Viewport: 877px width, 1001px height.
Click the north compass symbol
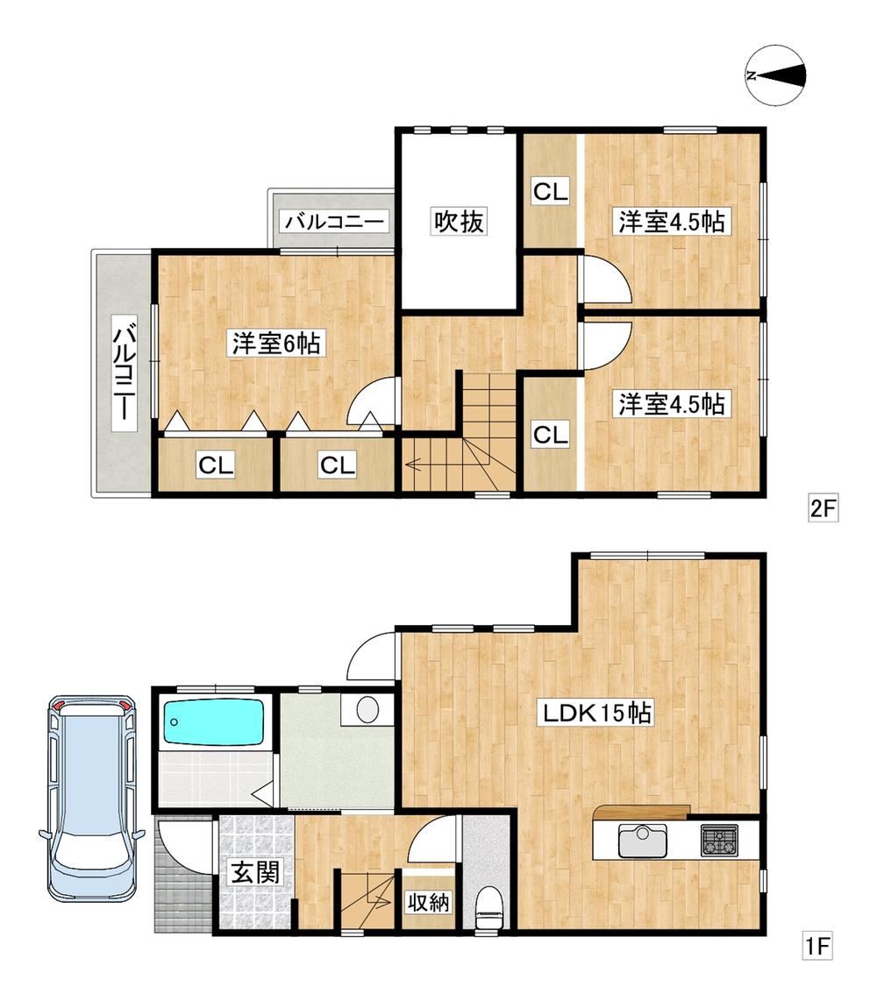pyautogui.click(x=775, y=75)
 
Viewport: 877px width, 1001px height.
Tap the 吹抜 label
pyautogui.click(x=460, y=221)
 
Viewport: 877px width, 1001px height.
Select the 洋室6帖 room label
pyautogui.click(x=276, y=344)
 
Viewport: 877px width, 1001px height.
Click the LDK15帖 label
pyautogui.click(x=596, y=712)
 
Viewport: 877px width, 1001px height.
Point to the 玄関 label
pyautogui.click(x=255, y=871)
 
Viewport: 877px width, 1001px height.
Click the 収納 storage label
pyautogui.click(x=429, y=903)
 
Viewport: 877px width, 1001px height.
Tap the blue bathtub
pyautogui.click(x=213, y=722)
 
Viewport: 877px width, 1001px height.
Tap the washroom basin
pyautogui.click(x=368, y=709)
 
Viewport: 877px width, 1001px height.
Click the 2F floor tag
pyautogui.click(x=823, y=508)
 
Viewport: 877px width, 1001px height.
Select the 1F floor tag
pyautogui.click(x=817, y=946)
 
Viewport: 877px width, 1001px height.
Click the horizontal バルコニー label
pyautogui.click(x=335, y=222)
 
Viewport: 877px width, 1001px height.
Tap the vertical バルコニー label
pyautogui.click(x=124, y=373)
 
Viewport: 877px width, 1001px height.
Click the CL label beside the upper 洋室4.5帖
pyautogui.click(x=551, y=191)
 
